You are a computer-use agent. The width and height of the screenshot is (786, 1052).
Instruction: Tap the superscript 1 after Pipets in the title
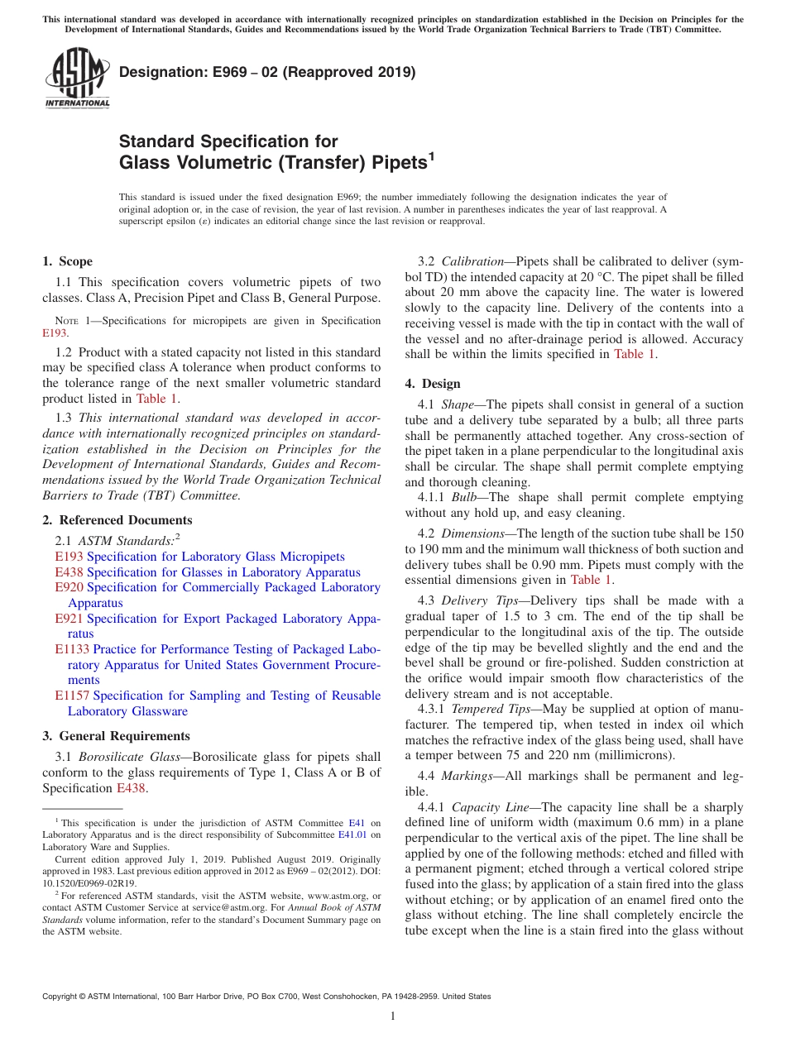[x=431, y=156]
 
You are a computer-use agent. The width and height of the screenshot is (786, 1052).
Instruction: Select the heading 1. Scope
[x=67, y=261]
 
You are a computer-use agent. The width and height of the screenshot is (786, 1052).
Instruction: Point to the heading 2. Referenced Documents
[x=117, y=520]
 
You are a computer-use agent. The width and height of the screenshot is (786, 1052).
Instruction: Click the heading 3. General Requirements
[x=116, y=736]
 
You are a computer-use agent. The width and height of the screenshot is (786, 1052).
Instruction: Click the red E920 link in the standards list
[x=69, y=587]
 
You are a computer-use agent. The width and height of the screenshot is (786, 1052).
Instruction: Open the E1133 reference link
[x=72, y=649]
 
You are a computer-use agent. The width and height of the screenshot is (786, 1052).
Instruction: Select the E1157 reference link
[x=72, y=696]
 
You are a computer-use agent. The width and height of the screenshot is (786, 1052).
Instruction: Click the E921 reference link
[x=69, y=619]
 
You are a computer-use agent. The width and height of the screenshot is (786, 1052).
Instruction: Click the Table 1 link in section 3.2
[x=635, y=354]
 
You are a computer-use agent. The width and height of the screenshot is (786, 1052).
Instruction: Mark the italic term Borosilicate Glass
[x=124, y=757]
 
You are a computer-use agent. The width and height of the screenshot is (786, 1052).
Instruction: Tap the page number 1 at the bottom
[x=393, y=1016]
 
